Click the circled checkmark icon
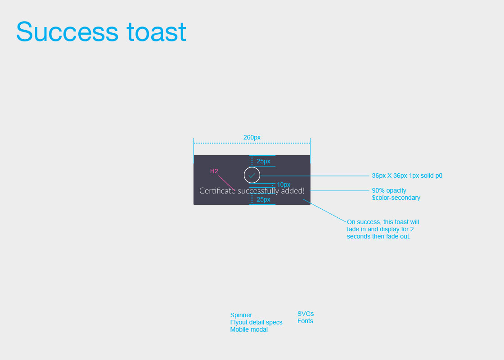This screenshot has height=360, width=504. tap(252, 175)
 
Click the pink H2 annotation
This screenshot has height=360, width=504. tap(214, 171)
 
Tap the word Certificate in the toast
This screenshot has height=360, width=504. tap(217, 191)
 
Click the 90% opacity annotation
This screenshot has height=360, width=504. tap(389, 190)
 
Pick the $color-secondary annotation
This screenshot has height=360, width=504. tap(396, 198)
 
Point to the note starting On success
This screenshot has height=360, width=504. tap(382, 229)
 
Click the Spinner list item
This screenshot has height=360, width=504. tap(241, 315)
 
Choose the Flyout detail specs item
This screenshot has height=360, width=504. tap(256, 322)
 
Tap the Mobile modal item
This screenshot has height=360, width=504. tap(249, 329)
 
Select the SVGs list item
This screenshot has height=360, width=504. tap(306, 314)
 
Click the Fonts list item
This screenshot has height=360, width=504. tap(305, 321)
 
